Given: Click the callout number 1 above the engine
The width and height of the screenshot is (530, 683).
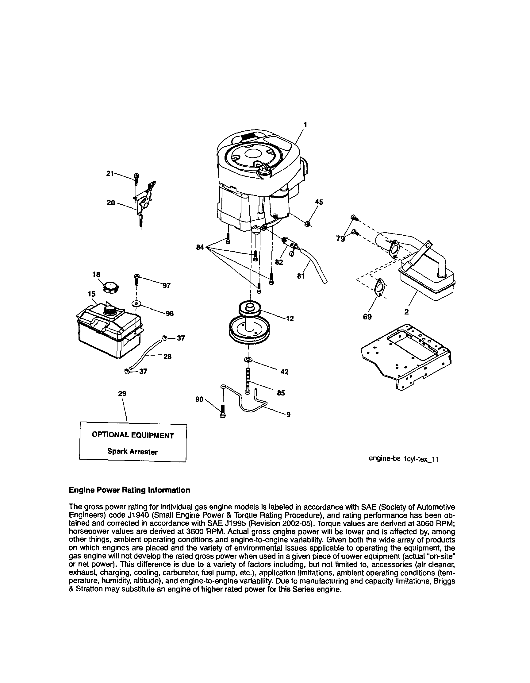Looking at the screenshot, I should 305,125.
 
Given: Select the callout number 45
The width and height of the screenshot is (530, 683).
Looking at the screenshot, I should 319,202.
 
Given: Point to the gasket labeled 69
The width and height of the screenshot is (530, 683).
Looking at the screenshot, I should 380,287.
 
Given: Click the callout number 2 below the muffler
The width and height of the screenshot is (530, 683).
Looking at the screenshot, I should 406,312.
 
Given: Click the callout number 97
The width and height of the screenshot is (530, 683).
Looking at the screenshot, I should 166,285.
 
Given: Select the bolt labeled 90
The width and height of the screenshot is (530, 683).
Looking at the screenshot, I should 223,411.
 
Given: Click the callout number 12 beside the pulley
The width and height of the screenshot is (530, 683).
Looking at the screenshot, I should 290,318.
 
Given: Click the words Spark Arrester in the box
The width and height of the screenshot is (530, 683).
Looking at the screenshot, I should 132,452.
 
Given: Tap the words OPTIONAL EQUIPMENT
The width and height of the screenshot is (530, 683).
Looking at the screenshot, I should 132,435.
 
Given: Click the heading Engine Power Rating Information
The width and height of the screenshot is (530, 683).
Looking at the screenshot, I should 129,490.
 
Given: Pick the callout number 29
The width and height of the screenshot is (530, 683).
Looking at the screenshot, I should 122,393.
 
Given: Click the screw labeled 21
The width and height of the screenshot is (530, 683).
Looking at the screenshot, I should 136,179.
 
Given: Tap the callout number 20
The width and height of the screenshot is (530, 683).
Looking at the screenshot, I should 111,203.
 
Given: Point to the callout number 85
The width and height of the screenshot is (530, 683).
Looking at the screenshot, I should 281,393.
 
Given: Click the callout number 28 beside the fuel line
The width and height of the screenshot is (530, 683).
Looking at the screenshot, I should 167,357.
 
